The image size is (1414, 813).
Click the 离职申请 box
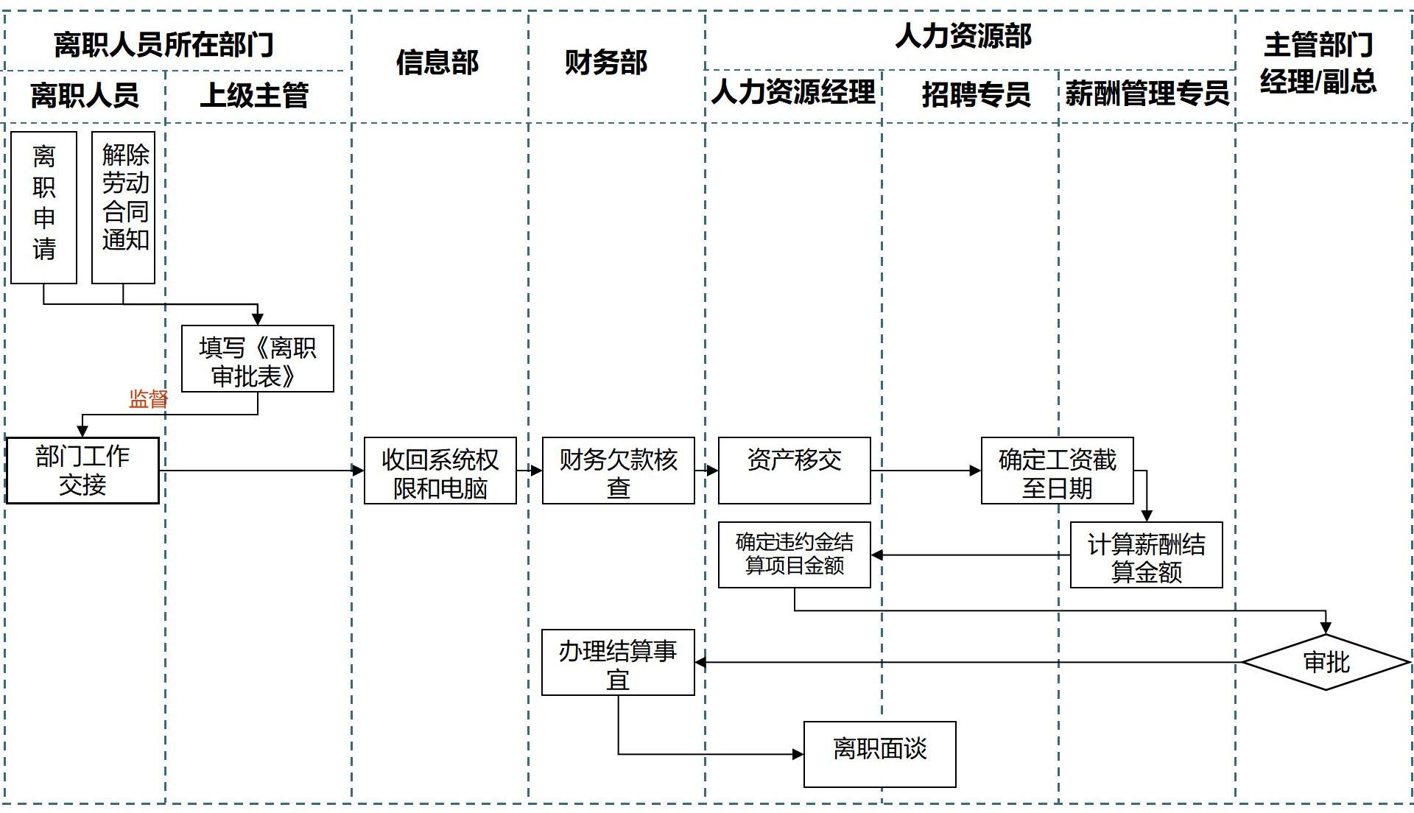[44, 207]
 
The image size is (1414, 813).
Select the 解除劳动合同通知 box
[124, 207]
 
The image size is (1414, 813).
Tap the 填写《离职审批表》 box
[258, 359]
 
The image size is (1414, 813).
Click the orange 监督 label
[148, 399]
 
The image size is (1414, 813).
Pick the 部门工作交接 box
[82, 471]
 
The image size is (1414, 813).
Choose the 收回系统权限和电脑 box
[440, 471]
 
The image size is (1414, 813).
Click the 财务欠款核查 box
[619, 471]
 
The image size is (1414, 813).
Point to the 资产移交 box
[795, 471]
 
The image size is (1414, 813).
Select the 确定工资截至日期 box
[1058, 471]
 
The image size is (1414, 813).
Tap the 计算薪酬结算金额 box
[1147, 555]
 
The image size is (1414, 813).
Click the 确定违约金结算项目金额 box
[795, 555]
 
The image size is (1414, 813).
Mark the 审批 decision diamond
[1326, 662]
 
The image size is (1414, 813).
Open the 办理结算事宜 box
[619, 662]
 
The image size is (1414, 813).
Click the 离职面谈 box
[880, 754]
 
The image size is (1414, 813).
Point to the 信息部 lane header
[438, 62]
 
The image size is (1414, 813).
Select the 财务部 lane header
[606, 62]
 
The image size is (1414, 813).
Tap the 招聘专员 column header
[976, 94]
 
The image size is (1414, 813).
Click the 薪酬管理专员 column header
[1147, 94]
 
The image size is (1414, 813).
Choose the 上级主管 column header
[255, 95]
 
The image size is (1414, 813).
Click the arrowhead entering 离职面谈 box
[798, 754]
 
